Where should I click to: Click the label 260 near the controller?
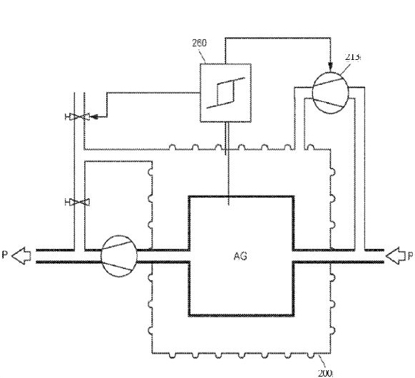tap(199, 43)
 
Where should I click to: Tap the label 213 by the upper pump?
tap(353, 57)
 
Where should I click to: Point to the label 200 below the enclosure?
tap(325, 373)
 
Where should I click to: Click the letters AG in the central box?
tap(240, 256)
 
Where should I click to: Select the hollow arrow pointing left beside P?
tap(21, 256)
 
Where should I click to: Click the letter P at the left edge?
tap(5, 255)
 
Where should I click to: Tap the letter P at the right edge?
tap(410, 256)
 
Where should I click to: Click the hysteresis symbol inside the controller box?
tap(226, 93)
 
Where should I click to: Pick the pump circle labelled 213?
tap(330, 93)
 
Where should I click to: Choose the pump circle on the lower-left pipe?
tap(119, 256)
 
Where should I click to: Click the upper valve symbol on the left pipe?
tap(78, 117)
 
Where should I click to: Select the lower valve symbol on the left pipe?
tap(78, 203)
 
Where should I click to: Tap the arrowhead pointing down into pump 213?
tap(330, 66)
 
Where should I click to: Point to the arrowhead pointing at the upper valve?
tap(94, 116)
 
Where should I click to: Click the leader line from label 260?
tap(203, 56)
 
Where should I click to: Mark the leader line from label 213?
tap(345, 68)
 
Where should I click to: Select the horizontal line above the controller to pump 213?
tap(278, 38)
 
